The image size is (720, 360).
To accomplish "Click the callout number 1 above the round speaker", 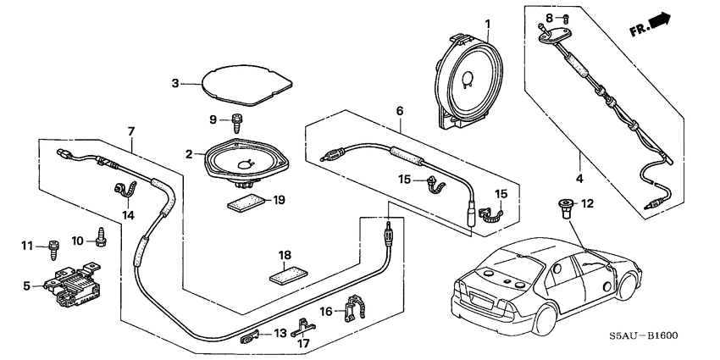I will coord(487,21).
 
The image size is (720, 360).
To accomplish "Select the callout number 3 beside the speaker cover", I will coord(174,83).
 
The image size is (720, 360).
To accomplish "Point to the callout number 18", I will coord(285,254).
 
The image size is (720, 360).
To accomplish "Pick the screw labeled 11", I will coord(55,248).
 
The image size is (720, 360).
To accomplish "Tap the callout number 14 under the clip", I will coord(128,215).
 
